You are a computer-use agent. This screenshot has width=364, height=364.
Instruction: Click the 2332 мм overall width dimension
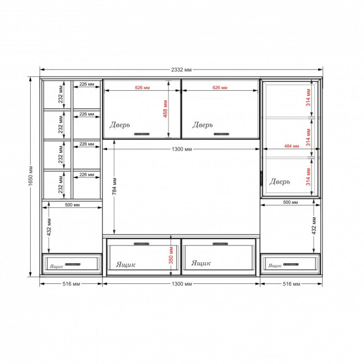[x=181, y=69]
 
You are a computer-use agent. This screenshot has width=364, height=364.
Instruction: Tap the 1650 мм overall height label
[x=31, y=176]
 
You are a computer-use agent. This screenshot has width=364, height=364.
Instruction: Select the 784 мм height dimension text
[x=114, y=186]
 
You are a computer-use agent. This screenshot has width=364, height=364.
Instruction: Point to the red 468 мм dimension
[x=165, y=109]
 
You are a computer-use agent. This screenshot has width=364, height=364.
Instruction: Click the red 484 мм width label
[x=292, y=146]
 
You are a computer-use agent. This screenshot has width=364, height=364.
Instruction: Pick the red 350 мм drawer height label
[x=171, y=255]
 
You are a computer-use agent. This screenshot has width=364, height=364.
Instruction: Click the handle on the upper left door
[x=142, y=134]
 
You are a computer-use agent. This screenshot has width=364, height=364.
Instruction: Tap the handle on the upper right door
[x=221, y=134]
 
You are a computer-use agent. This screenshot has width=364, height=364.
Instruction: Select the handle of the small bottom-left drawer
[x=73, y=264]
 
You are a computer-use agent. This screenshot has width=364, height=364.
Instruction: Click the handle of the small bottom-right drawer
[x=291, y=264]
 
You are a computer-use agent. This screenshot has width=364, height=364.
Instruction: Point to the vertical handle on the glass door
[x=262, y=179]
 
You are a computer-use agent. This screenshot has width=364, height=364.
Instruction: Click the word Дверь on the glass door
[x=279, y=181]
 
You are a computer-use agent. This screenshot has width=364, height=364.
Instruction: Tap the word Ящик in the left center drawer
[x=125, y=264]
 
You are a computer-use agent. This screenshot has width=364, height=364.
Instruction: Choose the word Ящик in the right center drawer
[x=201, y=263]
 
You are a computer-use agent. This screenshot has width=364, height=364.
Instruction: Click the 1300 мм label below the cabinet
[x=181, y=284]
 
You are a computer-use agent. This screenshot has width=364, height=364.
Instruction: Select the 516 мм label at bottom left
[x=71, y=284]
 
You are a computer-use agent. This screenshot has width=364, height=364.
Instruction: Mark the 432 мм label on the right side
[x=314, y=226]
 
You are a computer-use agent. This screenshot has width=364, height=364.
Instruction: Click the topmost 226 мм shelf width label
[x=87, y=84]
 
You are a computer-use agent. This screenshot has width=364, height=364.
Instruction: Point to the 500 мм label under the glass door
[x=291, y=202]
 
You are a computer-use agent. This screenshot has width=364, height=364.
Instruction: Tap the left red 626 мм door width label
[x=142, y=87]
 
